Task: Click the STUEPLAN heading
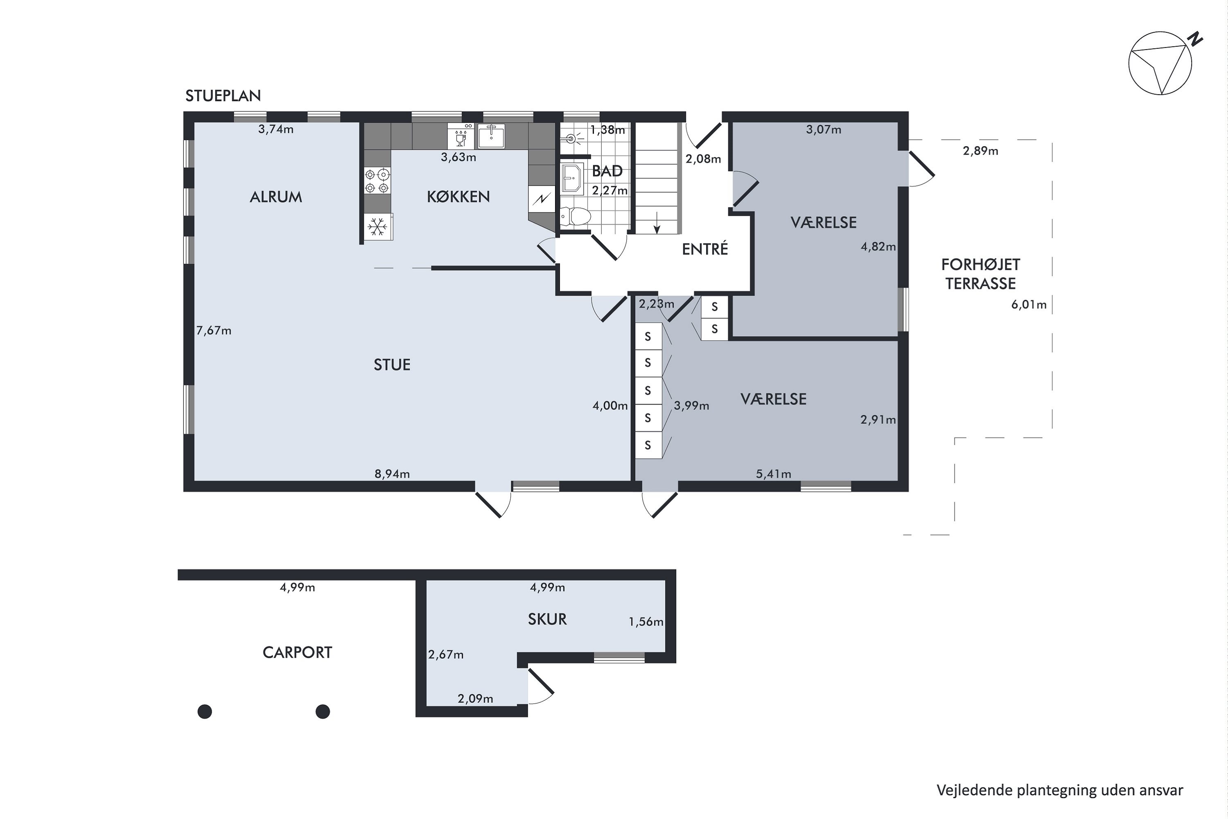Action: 223,95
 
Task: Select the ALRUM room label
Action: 275,197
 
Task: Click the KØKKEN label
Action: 458,197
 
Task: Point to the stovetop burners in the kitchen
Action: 377,181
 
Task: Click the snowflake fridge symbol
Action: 377,227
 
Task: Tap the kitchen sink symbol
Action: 491,136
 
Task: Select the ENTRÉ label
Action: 705,249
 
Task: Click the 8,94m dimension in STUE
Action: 392,474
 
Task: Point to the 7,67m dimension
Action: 214,330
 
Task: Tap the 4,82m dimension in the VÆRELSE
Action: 878,247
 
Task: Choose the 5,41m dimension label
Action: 774,474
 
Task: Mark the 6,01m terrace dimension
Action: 1029,305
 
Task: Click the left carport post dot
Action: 205,711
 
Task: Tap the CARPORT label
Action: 297,653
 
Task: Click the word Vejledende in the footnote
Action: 974,790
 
